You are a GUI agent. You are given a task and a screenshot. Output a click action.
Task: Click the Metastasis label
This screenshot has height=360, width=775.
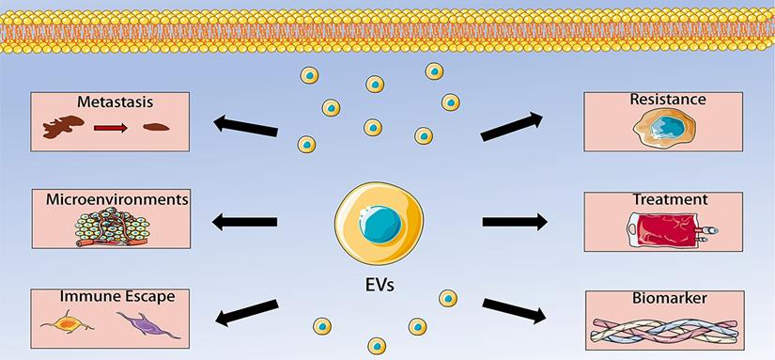pyautogui.click(x=115, y=102)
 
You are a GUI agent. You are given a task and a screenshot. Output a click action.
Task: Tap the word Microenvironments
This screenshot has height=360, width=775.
pyautogui.click(x=117, y=200)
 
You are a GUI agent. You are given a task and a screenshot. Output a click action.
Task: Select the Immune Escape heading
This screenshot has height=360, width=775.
pyautogui.click(x=117, y=296)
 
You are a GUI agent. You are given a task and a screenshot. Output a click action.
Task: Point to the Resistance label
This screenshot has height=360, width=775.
pyautogui.click(x=668, y=100)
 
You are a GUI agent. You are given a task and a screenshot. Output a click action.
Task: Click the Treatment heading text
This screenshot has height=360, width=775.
pyautogui.click(x=670, y=200)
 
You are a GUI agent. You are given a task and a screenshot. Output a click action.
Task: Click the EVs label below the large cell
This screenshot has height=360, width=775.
pyautogui.click(x=379, y=285)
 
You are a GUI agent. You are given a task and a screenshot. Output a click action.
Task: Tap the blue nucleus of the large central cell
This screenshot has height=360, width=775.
pyautogui.click(x=380, y=224)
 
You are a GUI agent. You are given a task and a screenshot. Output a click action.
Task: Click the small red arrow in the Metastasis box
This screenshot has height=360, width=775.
pyautogui.click(x=111, y=128)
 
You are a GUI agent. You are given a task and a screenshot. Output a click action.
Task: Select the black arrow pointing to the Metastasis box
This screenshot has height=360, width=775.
pyautogui.click(x=245, y=126)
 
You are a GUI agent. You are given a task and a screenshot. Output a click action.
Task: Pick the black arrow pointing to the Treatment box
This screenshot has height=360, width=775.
pyautogui.click(x=515, y=222)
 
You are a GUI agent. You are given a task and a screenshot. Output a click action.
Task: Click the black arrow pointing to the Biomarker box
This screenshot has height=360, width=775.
pyautogui.click(x=515, y=310)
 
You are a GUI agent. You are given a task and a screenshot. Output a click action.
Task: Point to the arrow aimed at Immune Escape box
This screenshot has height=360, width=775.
pyautogui.click(x=247, y=312)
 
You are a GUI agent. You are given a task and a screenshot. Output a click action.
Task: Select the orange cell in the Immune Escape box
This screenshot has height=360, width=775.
pyautogui.click(x=68, y=323)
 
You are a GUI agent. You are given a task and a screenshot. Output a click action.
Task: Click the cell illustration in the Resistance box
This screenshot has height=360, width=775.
pyautogui.click(x=664, y=128)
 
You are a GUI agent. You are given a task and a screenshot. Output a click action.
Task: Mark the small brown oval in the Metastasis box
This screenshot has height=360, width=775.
pyautogui.click(x=156, y=127)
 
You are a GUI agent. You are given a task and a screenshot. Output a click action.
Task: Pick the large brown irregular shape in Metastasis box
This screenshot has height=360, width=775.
pyautogui.click(x=63, y=127)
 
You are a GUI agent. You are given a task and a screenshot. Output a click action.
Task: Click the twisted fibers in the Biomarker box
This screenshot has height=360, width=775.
pyautogui.click(x=665, y=331)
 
